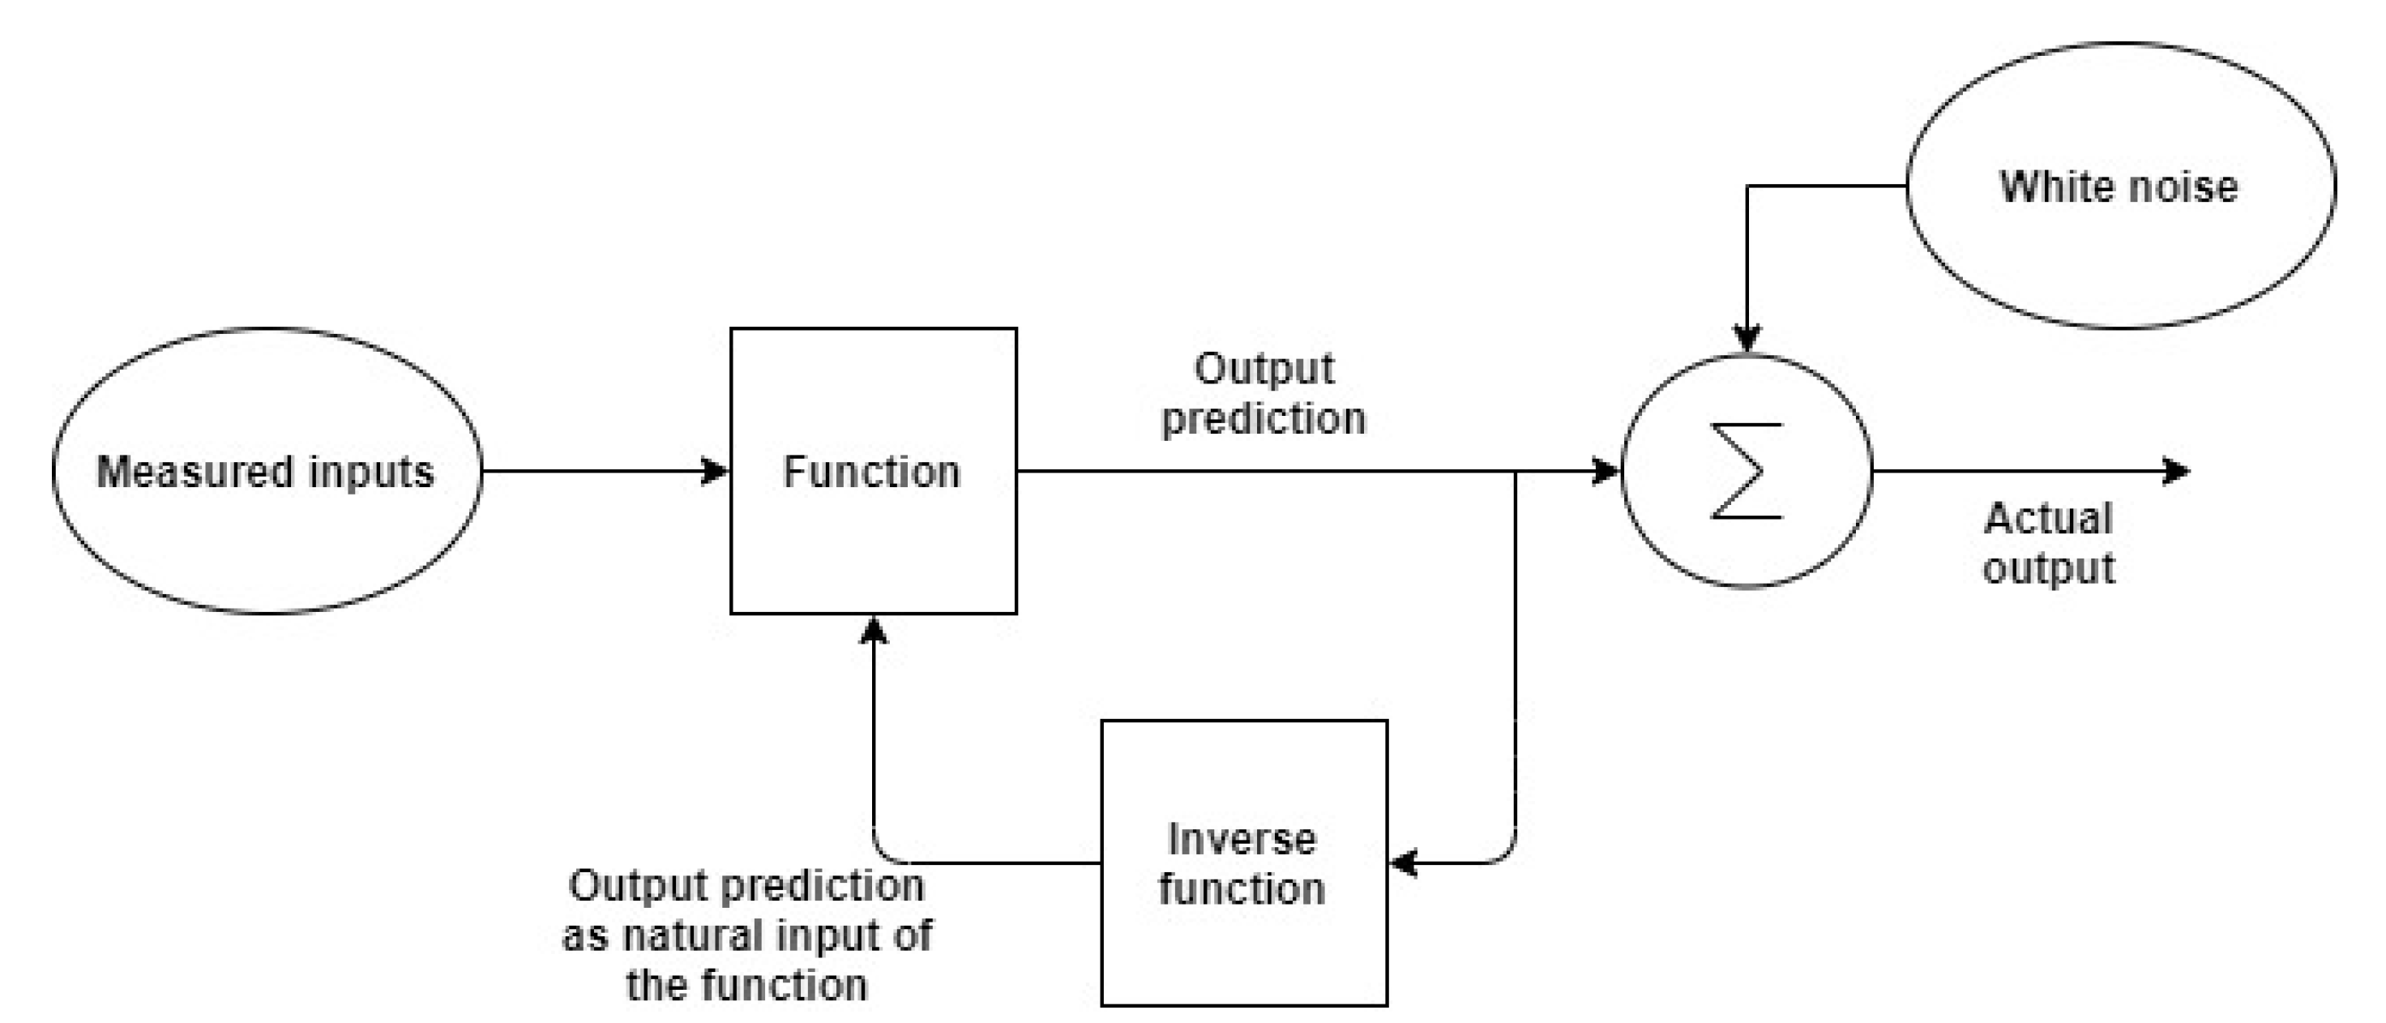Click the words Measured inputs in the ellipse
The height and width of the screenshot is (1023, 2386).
coord(265,472)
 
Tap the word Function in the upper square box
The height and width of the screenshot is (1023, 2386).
coord(871,472)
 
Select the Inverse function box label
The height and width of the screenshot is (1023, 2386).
coord(1242,863)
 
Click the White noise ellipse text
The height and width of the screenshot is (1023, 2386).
coord(2119,186)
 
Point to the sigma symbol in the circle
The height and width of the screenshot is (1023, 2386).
coord(1746,471)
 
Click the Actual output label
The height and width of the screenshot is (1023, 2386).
coord(2048,543)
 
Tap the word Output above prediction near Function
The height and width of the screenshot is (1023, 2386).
coord(1264,369)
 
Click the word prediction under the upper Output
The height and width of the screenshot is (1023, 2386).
coord(1264,419)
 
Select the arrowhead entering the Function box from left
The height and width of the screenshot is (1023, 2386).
coord(716,471)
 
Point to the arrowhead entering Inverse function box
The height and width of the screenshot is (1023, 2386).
coord(1405,862)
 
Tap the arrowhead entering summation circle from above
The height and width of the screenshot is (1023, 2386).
coord(1746,338)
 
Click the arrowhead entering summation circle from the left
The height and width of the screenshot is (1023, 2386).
coord(1606,471)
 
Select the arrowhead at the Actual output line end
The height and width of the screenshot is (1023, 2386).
coord(2176,471)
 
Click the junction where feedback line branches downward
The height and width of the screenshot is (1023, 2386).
coord(1516,472)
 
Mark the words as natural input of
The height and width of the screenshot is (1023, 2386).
coord(746,935)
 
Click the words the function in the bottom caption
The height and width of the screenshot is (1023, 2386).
coord(746,985)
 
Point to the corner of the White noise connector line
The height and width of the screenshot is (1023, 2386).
coord(1747,186)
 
